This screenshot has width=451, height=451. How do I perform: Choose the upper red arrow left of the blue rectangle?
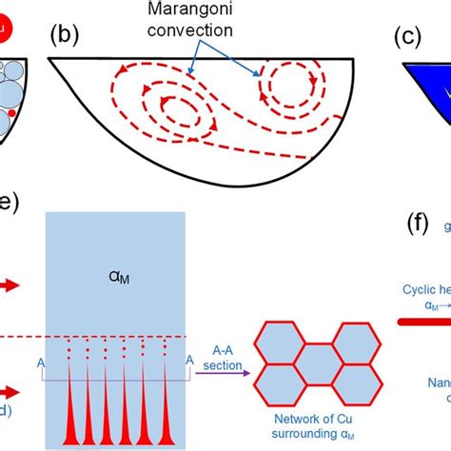(x=14, y=283)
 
